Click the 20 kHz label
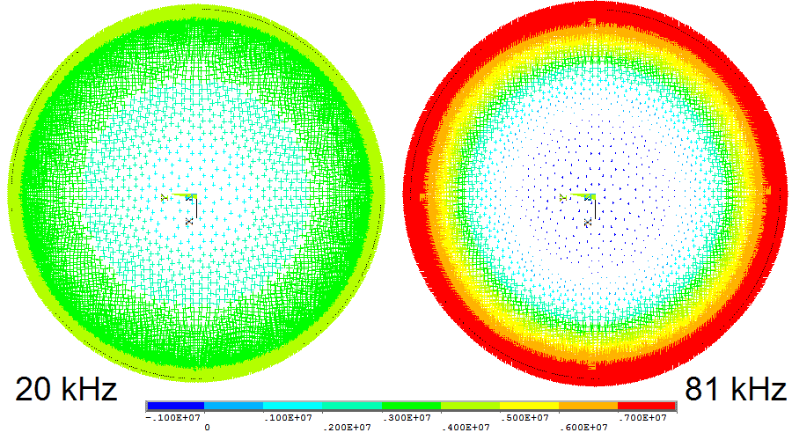point(66,388)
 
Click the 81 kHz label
point(736,388)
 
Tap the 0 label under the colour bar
point(207,427)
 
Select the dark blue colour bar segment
point(175,406)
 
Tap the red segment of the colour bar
point(647,406)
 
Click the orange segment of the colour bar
point(588,406)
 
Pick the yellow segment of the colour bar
point(529,406)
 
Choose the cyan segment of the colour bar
point(293,406)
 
